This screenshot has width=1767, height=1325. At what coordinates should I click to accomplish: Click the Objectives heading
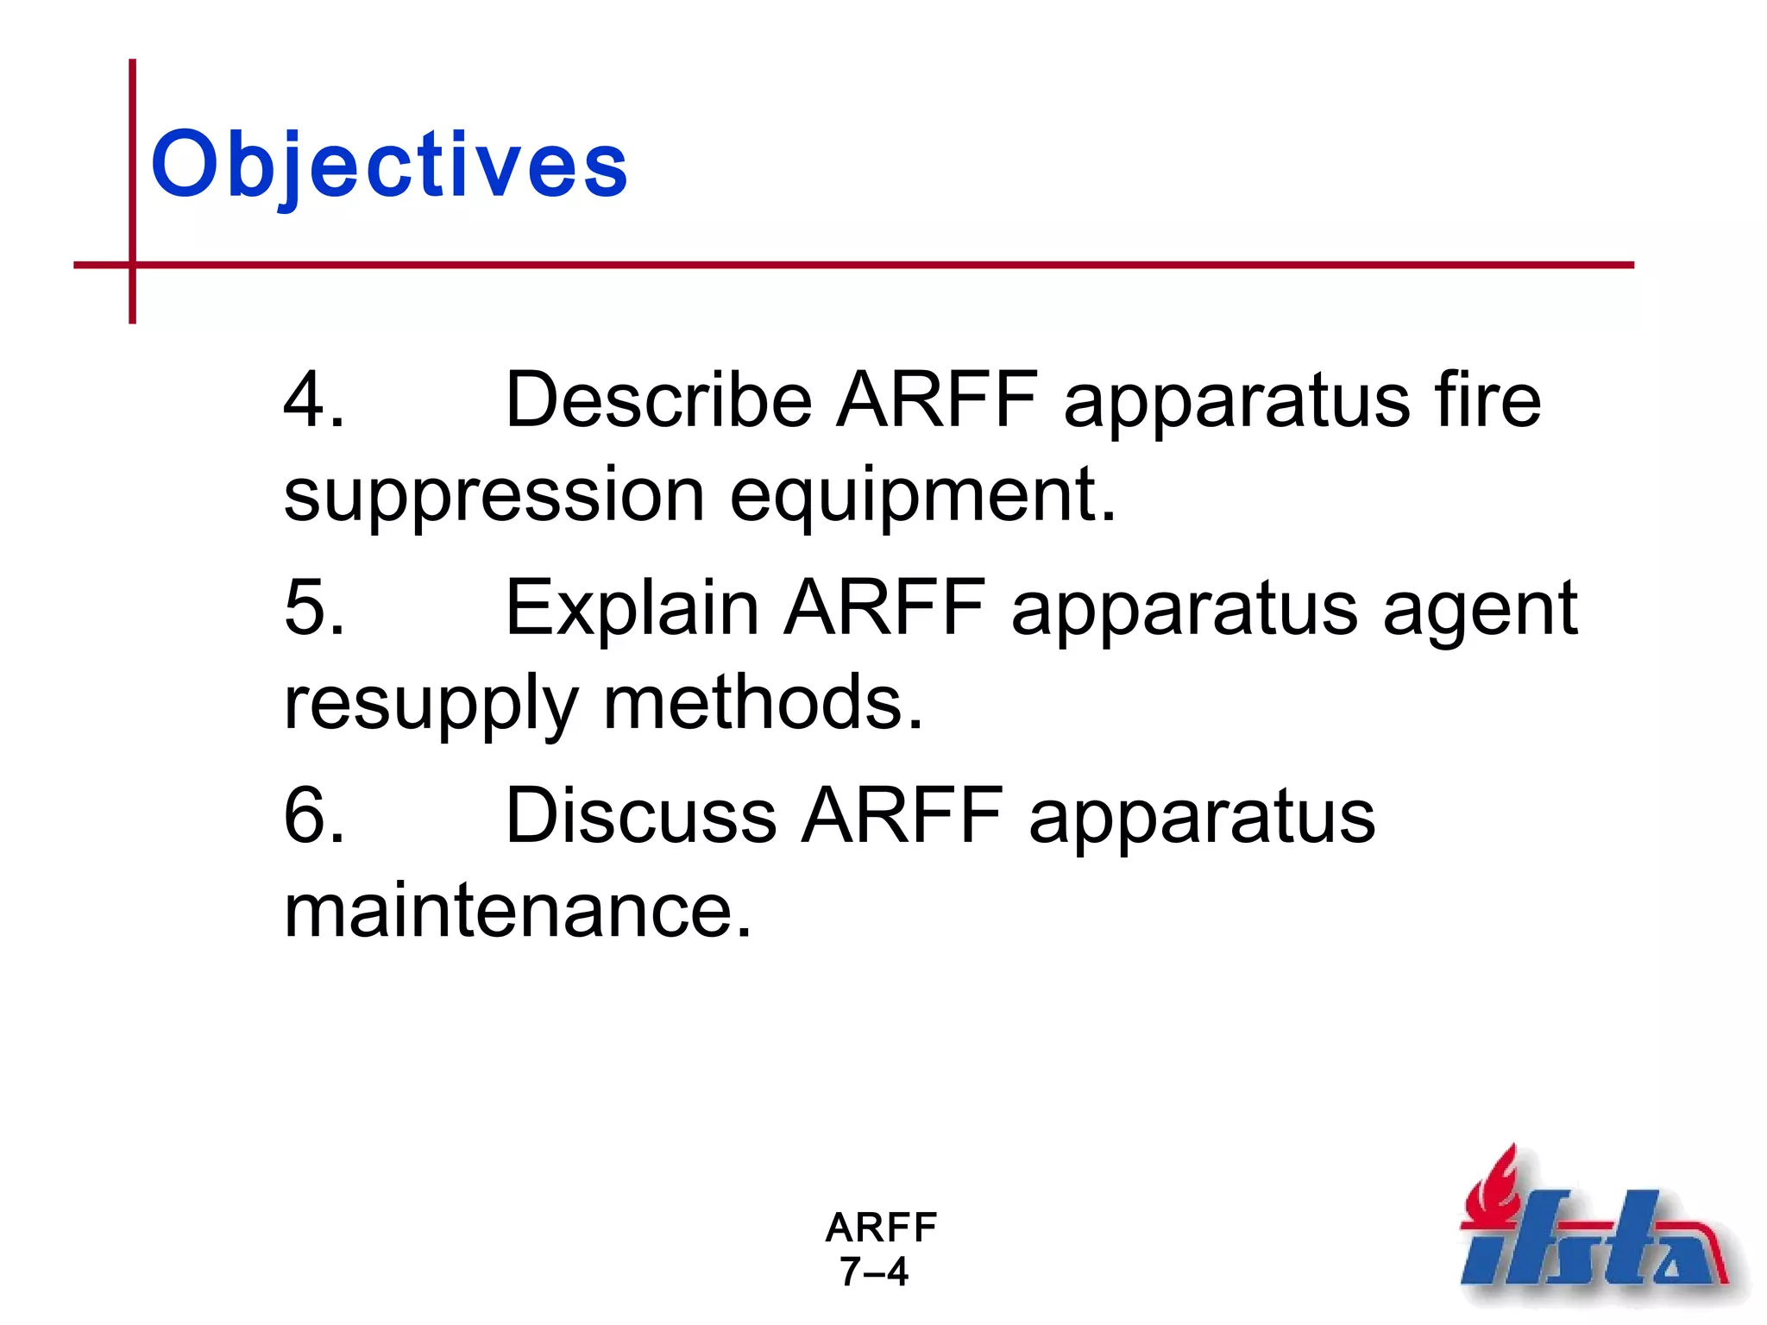click(x=389, y=164)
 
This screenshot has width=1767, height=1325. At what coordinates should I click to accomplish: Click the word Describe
click(x=658, y=399)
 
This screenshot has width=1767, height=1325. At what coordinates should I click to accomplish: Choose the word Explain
click(x=632, y=607)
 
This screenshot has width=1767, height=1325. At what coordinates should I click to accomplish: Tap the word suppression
click(x=494, y=496)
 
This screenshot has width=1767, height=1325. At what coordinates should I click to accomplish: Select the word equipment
click(x=922, y=496)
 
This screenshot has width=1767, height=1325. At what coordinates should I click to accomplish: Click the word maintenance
click(x=518, y=912)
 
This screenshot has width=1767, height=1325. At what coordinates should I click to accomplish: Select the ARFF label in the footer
click(x=881, y=1227)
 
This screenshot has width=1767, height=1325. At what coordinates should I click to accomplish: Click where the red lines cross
click(x=132, y=265)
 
